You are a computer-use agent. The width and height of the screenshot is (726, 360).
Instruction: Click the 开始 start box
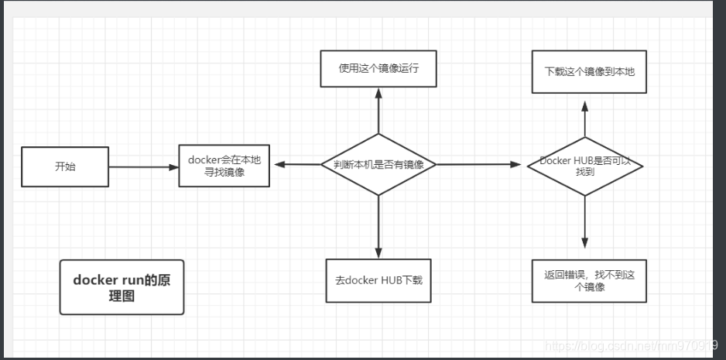click(65, 166)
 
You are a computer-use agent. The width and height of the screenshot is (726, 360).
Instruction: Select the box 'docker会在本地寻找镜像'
click(224, 166)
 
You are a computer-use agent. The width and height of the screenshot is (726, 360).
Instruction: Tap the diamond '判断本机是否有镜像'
click(378, 165)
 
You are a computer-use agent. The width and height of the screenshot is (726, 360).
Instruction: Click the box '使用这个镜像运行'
click(378, 69)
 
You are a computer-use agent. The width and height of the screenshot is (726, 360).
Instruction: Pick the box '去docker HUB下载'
click(378, 279)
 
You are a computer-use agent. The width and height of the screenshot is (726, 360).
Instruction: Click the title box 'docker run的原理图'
click(122, 287)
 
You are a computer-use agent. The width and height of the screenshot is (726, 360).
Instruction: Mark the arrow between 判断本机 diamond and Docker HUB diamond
click(480, 165)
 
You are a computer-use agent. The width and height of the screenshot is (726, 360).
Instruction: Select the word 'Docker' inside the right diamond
click(555, 160)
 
